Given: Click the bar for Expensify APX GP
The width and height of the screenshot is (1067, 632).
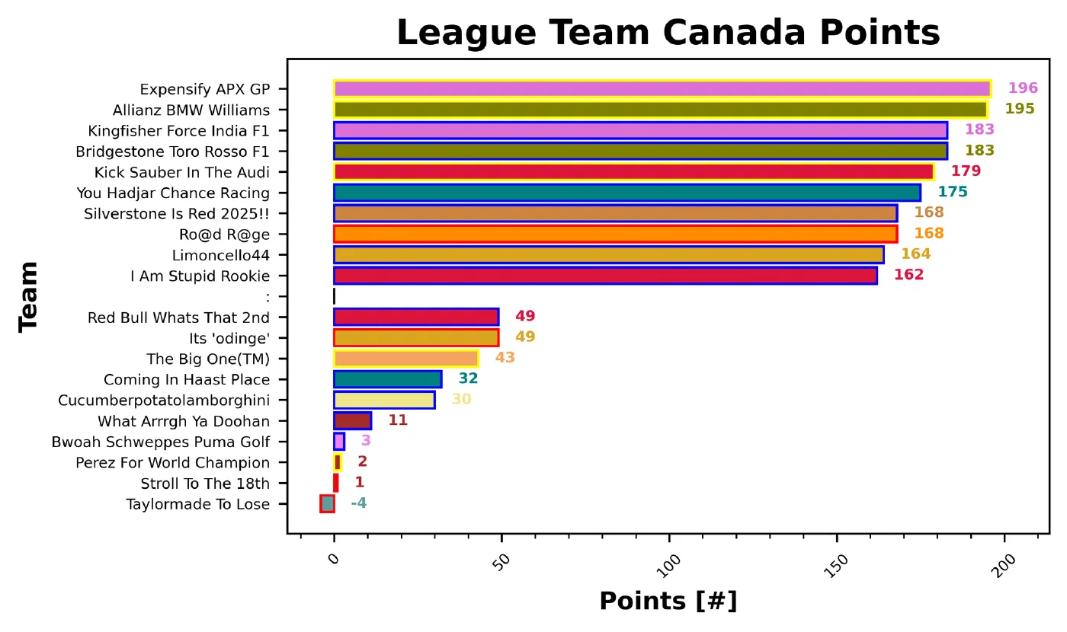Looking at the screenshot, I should [662, 88].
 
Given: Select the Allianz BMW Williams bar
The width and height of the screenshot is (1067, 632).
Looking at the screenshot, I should [660, 109].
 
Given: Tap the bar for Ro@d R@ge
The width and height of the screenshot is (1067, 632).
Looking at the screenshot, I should [615, 234].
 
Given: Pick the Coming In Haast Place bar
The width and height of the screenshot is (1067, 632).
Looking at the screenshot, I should [387, 379].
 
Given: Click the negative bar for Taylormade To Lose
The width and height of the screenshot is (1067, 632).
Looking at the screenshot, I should [327, 503].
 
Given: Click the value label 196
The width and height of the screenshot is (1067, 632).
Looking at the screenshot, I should [1023, 88].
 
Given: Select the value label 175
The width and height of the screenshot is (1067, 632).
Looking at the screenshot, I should [953, 193].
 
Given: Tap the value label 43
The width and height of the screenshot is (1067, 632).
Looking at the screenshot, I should [505, 358].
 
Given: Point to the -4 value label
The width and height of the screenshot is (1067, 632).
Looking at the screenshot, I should [358, 503].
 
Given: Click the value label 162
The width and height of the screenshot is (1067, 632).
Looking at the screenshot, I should [908, 275].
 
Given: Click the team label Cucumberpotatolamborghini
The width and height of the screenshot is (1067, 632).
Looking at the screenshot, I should [164, 400].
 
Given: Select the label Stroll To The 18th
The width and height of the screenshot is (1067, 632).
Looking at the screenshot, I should [205, 484].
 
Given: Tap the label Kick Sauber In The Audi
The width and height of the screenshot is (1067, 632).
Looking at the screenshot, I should [181, 171].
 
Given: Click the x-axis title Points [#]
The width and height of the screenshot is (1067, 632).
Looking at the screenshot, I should [668, 602].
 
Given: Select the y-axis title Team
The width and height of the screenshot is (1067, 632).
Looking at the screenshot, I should [29, 297].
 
